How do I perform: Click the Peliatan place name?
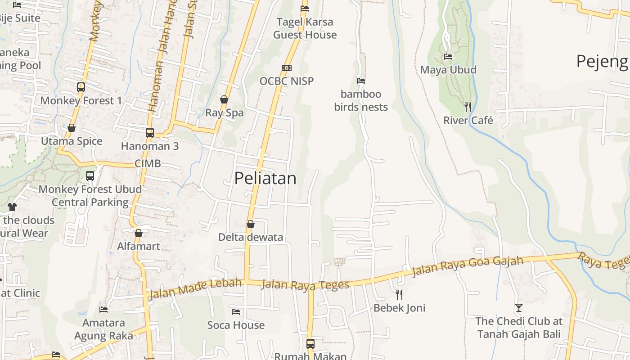tap(265, 179)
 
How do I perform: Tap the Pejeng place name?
tap(602, 61)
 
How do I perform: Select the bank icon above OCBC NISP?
tap(287, 68)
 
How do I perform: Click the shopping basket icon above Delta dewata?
tap(251, 224)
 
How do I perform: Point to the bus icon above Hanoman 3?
tap(150, 133)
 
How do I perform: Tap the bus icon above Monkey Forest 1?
tap(81, 87)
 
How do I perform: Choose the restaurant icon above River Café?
tap(468, 107)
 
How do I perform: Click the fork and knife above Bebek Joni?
tap(399, 295)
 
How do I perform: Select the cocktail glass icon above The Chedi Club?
tap(519, 308)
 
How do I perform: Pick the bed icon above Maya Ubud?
tap(448, 57)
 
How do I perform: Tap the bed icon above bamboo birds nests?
tap(361, 81)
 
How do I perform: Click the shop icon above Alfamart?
tap(139, 233)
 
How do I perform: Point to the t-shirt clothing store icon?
tap(12, 207)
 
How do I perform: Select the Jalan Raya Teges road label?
tap(305, 285)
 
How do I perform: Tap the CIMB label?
tap(148, 163)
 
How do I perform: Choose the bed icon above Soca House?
tap(236, 311)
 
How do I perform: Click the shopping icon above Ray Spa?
tap(224, 99)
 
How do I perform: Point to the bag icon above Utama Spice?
tap(72, 128)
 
